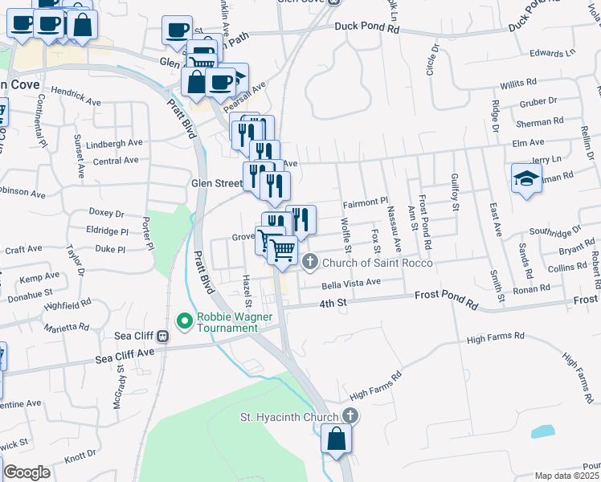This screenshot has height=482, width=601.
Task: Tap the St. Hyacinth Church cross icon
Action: [x=349, y=415]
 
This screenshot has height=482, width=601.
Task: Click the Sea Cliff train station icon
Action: [x=162, y=337]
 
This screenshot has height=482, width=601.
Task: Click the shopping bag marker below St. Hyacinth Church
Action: [x=336, y=439]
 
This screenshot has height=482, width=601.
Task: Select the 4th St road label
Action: [x=332, y=304]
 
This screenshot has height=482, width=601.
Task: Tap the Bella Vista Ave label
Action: [x=350, y=282]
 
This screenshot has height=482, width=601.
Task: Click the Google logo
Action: [x=27, y=472]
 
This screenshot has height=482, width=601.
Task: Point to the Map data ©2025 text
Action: [x=567, y=476]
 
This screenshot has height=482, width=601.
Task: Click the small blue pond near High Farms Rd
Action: [x=542, y=431]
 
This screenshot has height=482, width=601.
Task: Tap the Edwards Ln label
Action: [x=553, y=53]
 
